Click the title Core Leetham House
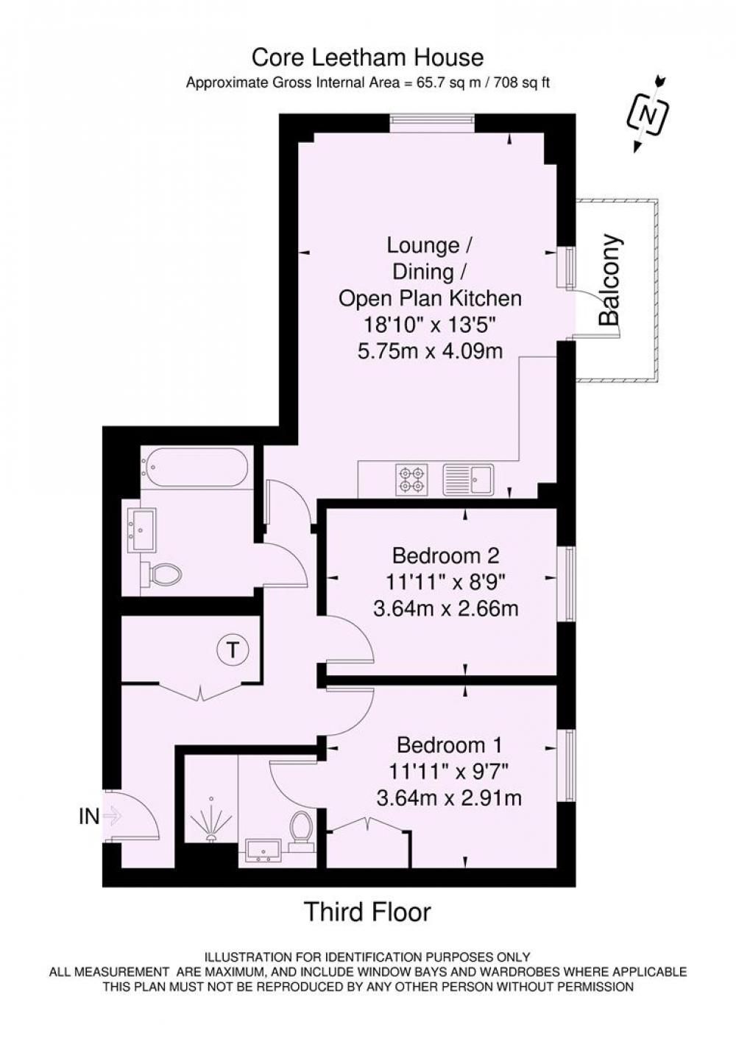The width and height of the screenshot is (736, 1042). [x=367, y=57]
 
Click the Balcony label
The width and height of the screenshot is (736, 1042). [x=610, y=280]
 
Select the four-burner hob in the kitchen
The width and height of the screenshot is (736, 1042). [x=411, y=479]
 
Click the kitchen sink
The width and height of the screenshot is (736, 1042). [x=470, y=479]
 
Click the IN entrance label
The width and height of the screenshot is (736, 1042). [x=89, y=816]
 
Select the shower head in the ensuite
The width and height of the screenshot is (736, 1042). [x=212, y=824]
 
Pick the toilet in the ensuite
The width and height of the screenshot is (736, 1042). [x=300, y=831]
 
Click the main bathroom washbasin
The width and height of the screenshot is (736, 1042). [x=142, y=530]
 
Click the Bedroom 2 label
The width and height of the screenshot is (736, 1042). [x=446, y=555]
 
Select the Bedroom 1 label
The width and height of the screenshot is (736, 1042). [x=449, y=746]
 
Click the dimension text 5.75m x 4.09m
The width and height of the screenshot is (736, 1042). [x=430, y=351]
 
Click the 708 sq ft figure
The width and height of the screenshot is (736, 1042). [x=523, y=82]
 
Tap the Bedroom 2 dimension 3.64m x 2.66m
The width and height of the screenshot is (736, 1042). [x=446, y=608]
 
